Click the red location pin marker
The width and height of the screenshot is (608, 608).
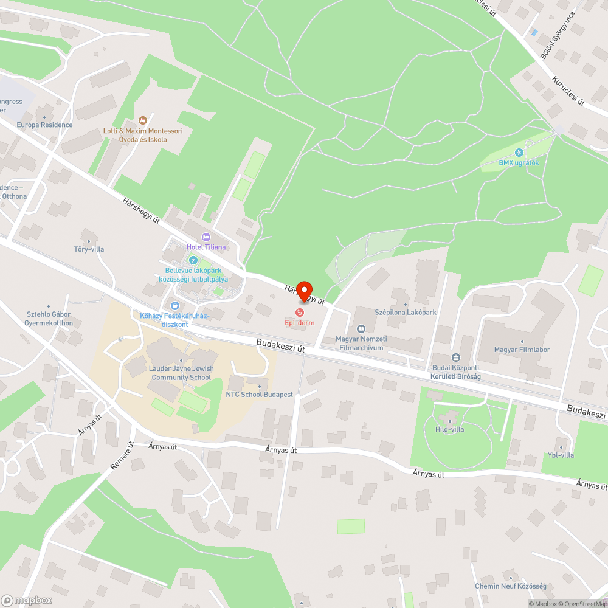click(x=304, y=291)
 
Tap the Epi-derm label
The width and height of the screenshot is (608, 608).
click(x=300, y=323)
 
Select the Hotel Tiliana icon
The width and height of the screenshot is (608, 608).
click(x=206, y=237)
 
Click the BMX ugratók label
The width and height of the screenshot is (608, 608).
click(x=519, y=162)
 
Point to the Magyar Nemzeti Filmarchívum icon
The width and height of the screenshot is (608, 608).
click(x=361, y=329)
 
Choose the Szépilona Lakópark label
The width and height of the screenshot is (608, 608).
click(x=406, y=313)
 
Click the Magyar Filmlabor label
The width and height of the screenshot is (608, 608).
click(x=522, y=350)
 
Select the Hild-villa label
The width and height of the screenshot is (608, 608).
click(x=450, y=429)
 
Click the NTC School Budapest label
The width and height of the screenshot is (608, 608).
click(x=260, y=395)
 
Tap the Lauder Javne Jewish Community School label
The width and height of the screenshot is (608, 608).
click(x=181, y=373)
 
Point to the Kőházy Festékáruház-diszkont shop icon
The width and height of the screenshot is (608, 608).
click(x=175, y=305)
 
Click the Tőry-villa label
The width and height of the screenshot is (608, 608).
click(x=89, y=249)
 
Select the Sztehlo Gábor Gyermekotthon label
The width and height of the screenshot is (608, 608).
click(x=49, y=319)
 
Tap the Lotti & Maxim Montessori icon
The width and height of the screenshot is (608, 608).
click(x=143, y=120)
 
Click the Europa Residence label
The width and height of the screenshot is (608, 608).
click(x=44, y=125)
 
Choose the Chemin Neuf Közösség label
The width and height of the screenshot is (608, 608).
click(x=511, y=586)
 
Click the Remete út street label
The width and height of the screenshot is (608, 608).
click(x=122, y=455)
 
